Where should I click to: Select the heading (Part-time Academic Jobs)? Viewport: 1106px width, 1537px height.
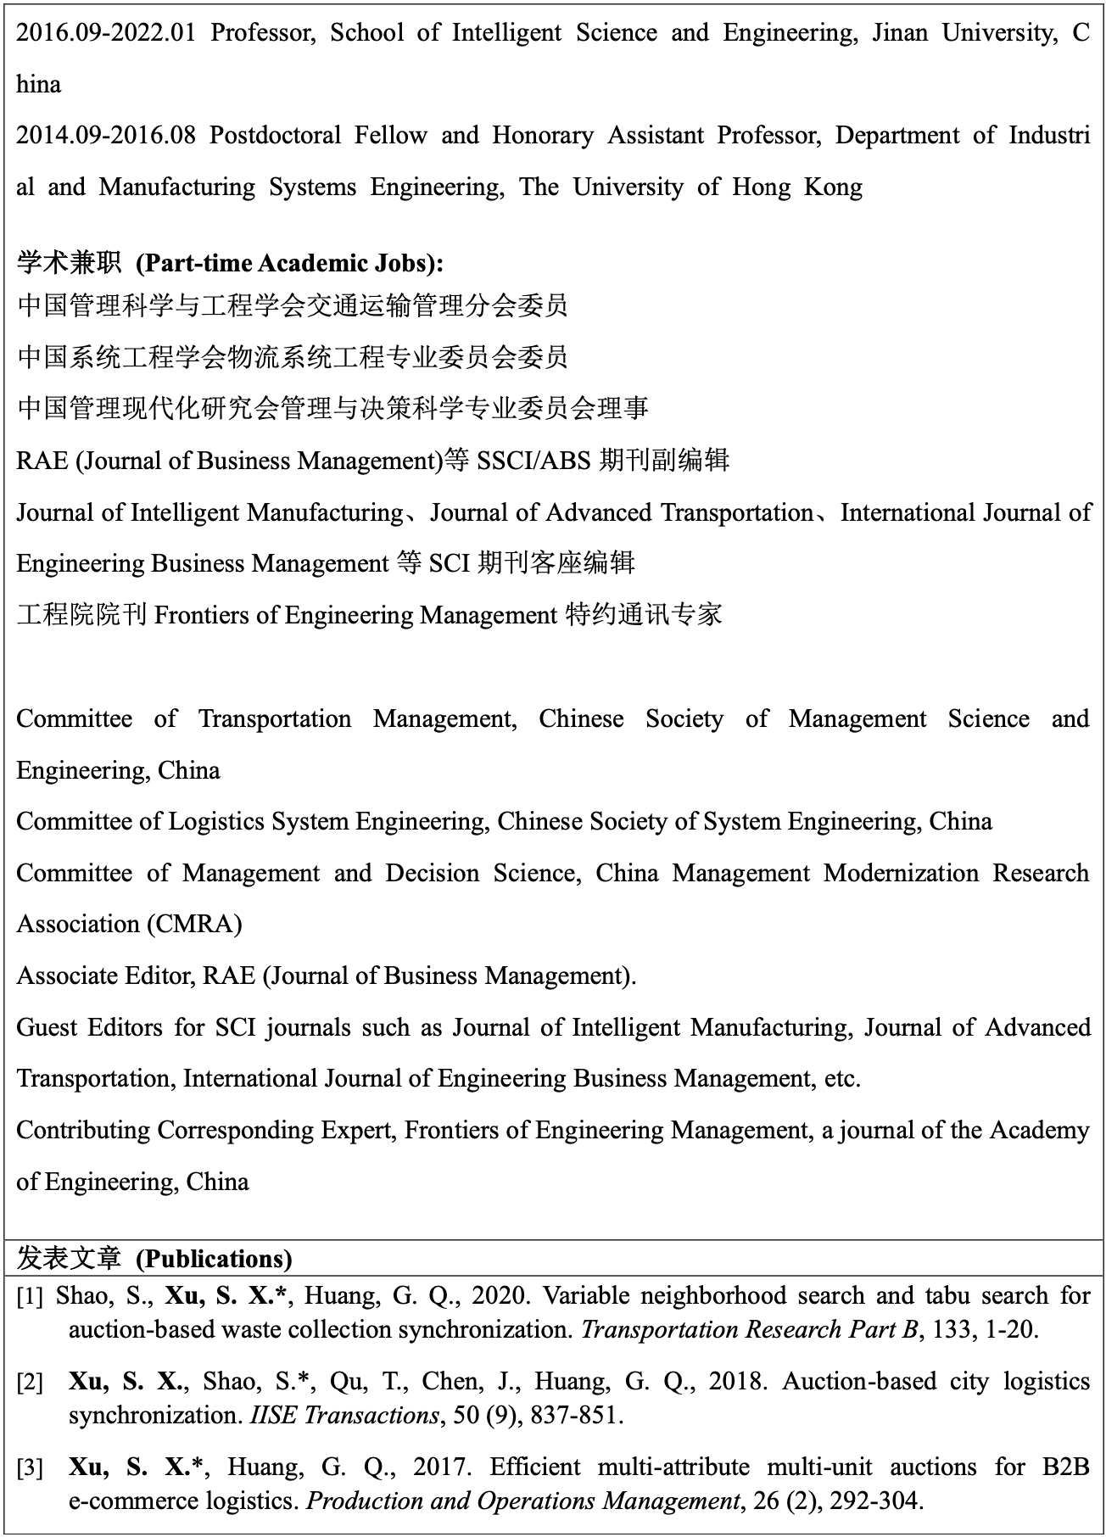click(x=289, y=263)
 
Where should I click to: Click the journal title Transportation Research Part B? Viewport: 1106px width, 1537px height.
click(x=750, y=1329)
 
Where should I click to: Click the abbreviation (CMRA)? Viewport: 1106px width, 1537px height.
click(x=194, y=924)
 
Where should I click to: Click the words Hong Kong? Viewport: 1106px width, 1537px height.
click(x=797, y=187)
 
